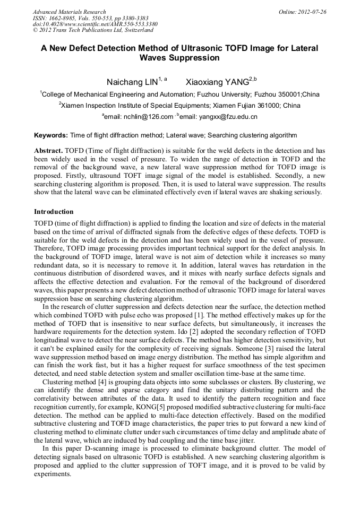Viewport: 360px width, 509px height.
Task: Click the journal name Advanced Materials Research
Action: pos(69,12)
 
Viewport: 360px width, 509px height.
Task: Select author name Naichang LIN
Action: pos(132,82)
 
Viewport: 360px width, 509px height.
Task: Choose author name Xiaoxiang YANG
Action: pos(217,82)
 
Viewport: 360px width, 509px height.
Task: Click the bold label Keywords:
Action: pos(51,135)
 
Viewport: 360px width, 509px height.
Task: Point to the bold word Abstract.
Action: pos(49,151)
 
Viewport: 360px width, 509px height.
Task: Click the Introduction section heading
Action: pos(54,212)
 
